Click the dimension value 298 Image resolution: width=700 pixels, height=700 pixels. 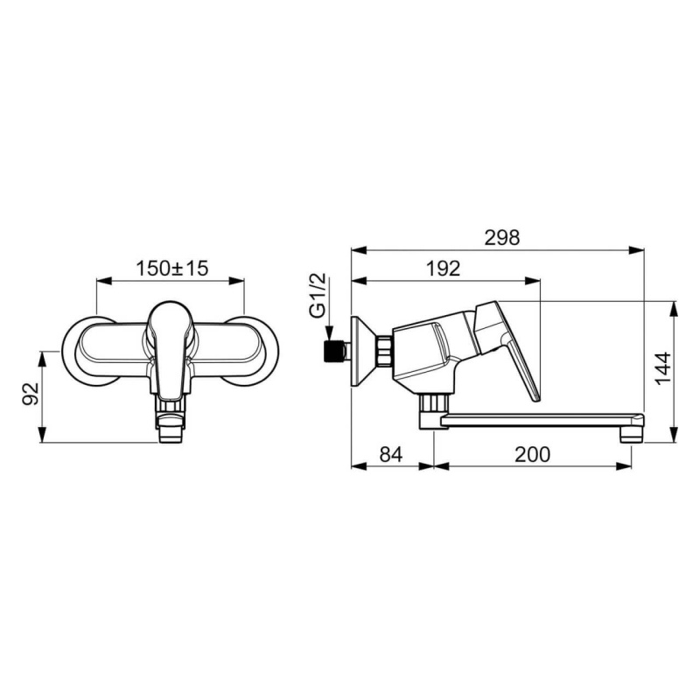tap(501, 237)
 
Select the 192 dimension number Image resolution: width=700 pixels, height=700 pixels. tap(444, 269)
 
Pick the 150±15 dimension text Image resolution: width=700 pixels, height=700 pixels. tap(171, 269)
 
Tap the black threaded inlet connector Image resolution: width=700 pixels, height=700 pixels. tap(332, 352)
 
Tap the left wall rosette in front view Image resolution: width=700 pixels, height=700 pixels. tap(87, 349)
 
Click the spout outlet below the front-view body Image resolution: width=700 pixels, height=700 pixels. tap(171, 429)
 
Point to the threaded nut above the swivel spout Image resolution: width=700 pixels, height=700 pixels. tap(430, 403)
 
